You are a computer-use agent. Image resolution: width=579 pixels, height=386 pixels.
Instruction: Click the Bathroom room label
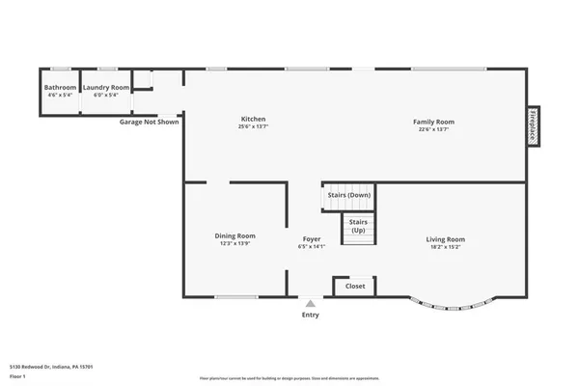coord(60,88)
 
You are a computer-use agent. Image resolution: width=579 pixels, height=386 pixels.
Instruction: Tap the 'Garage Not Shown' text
coord(149,123)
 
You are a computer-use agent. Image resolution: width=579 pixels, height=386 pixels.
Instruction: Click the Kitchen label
coord(253,120)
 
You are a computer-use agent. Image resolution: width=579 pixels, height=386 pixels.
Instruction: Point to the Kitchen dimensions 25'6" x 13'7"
coord(253,128)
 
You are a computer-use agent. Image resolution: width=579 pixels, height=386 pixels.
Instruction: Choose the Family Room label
coord(433,122)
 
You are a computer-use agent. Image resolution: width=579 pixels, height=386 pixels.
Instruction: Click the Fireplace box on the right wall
coord(532,126)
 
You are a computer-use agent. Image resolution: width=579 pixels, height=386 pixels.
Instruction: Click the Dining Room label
coord(234,235)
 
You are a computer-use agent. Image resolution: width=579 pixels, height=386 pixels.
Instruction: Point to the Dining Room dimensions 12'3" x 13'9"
coord(234,244)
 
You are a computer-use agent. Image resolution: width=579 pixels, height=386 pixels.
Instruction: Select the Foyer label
coord(311,238)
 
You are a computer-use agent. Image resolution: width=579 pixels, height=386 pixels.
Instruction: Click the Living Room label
coord(446,239)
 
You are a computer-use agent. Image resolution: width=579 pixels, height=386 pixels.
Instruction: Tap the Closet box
coord(355,287)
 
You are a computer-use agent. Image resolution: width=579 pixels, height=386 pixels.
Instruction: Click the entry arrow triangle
coord(310,303)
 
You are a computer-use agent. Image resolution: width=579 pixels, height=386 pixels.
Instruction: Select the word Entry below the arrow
coord(310,315)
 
